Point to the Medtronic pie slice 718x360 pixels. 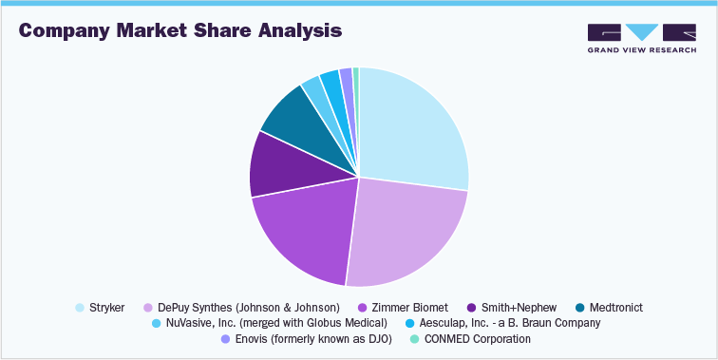tap(287, 116)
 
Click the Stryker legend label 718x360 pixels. tap(107, 308)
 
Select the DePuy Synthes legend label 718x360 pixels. tap(249, 308)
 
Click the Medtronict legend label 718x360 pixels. tap(622, 308)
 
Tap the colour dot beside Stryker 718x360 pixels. tap(79, 308)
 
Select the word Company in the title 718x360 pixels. tap(64, 30)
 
